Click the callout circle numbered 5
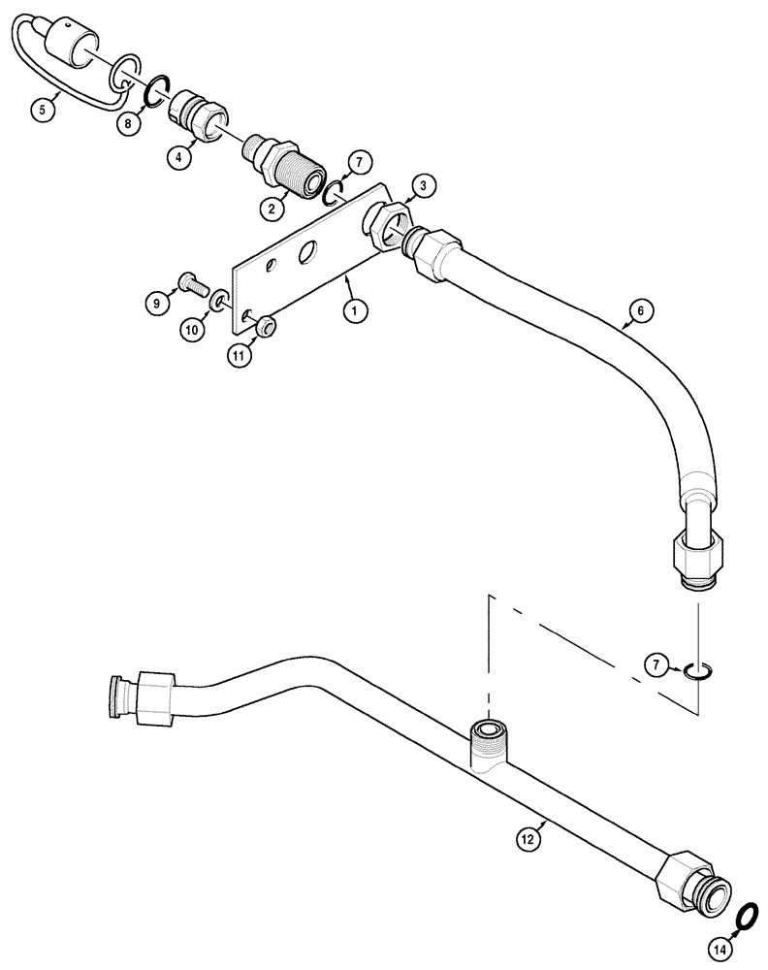pyautogui.click(x=41, y=110)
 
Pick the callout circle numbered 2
pyautogui.click(x=273, y=207)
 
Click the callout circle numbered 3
pyautogui.click(x=424, y=185)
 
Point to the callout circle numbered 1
pyautogui.click(x=355, y=311)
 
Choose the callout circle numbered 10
pyautogui.click(x=192, y=330)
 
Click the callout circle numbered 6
pyautogui.click(x=640, y=311)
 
